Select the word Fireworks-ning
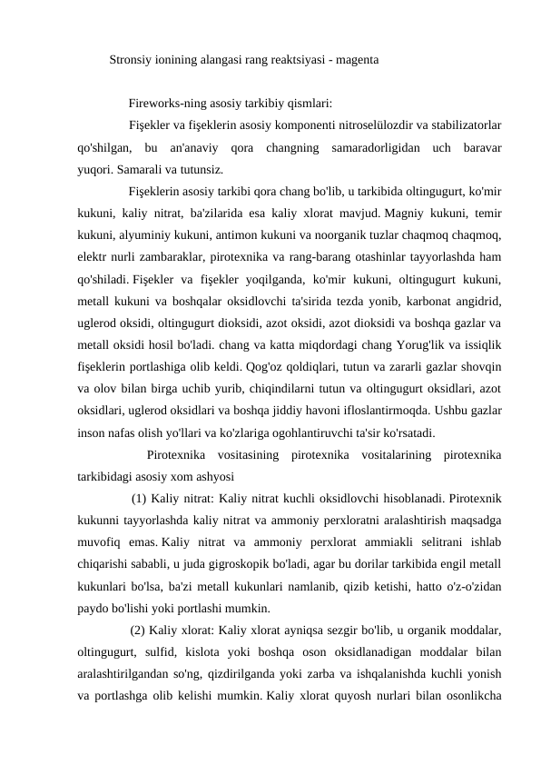pos(170,103)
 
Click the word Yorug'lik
pos(390,345)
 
